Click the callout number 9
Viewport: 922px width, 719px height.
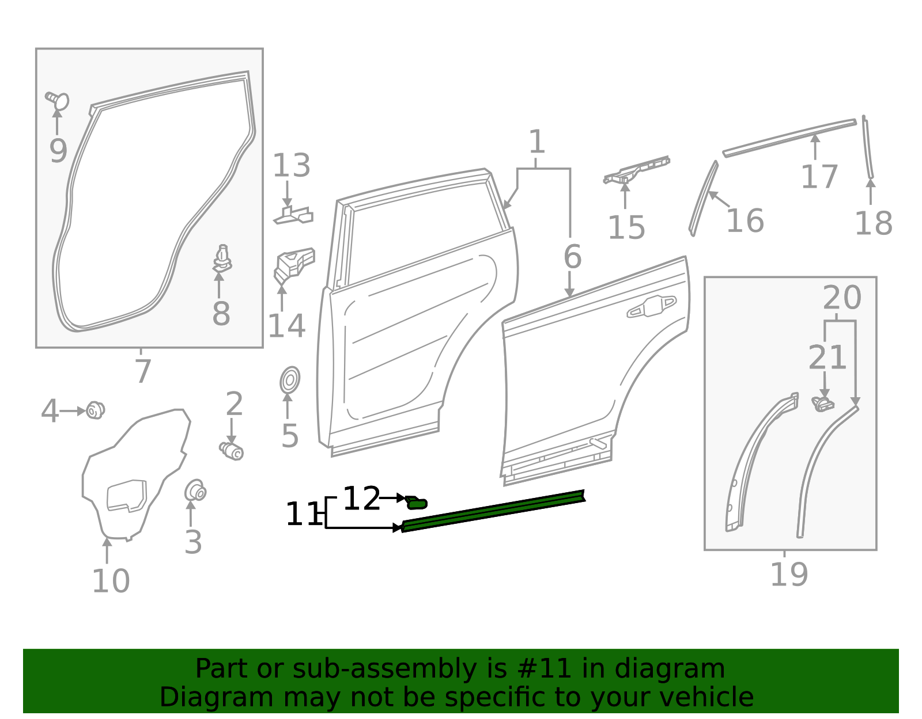(x=58, y=151)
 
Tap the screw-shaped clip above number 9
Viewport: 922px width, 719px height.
(x=58, y=101)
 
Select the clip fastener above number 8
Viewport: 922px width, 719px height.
(x=222, y=258)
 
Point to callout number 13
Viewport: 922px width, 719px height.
(x=291, y=166)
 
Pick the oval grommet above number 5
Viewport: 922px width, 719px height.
(x=290, y=380)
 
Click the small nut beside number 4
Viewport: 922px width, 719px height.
(x=95, y=410)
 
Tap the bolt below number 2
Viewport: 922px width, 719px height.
(x=232, y=451)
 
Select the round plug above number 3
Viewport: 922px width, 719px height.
(x=195, y=491)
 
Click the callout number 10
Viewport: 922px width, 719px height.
(x=111, y=581)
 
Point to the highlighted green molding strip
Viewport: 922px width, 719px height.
(x=493, y=510)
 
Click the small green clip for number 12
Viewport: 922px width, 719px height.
(x=416, y=503)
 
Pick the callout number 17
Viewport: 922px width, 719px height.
(x=819, y=176)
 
